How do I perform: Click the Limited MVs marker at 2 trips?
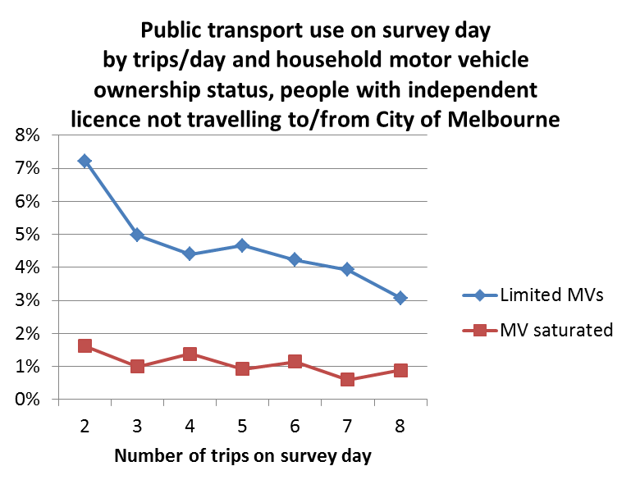pos(85,161)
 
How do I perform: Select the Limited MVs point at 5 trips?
pos(242,245)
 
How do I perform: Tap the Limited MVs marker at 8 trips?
pos(400,298)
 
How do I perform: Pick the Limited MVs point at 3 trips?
pos(137,235)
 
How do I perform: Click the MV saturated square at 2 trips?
pos(85,346)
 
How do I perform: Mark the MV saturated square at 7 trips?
pos(347,380)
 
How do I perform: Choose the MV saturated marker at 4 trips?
pos(190,354)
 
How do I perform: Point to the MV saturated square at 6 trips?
pos(295,362)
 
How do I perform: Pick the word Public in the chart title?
pos(174,31)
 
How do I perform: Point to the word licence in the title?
pos(107,120)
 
